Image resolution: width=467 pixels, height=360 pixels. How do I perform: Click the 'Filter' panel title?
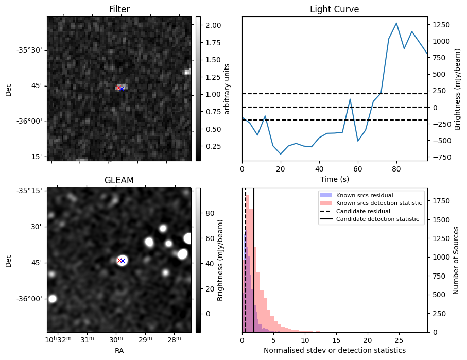[119, 9]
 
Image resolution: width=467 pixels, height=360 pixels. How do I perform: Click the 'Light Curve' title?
[334, 9]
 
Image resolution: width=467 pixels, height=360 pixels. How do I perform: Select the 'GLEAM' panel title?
[119, 180]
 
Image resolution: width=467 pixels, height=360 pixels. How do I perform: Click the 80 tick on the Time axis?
[396, 168]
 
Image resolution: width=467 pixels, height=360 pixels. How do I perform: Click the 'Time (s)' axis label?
[334, 178]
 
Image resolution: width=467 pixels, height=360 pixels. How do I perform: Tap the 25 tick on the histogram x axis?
[399, 340]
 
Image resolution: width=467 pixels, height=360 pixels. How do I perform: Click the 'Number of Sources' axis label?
[456, 260]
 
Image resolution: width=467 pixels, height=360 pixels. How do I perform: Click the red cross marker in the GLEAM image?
[119, 261]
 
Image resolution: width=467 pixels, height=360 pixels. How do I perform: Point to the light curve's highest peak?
[396, 23]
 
